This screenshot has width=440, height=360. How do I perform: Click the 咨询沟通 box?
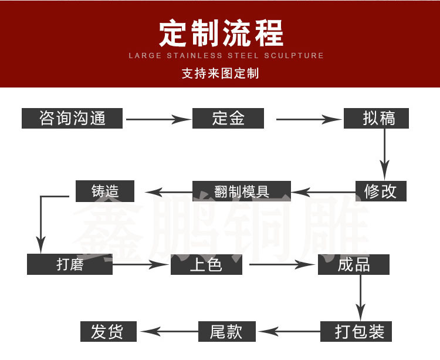[x=72, y=119]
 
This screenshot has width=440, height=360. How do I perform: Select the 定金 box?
[x=228, y=119]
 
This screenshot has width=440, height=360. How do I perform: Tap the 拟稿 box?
[x=376, y=119]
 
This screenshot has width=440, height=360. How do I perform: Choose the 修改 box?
[x=381, y=191]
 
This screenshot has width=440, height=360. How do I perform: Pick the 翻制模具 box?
[x=241, y=191]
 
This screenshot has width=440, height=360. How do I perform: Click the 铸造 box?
[x=105, y=191]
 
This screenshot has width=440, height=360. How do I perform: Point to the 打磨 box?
[x=70, y=264]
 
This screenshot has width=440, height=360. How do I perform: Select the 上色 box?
[x=207, y=264]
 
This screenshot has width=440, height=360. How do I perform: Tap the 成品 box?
[x=353, y=264]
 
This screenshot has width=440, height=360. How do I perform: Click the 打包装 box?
[x=356, y=332]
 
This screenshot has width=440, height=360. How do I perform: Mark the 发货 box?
[x=108, y=332]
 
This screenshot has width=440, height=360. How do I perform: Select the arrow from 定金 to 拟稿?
[x=309, y=119]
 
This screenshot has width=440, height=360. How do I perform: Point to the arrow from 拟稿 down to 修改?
[x=384, y=154]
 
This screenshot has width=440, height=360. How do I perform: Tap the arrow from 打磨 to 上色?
[x=141, y=265]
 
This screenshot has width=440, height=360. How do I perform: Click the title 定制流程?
[x=221, y=33]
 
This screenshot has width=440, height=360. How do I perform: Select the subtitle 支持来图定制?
[x=220, y=73]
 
